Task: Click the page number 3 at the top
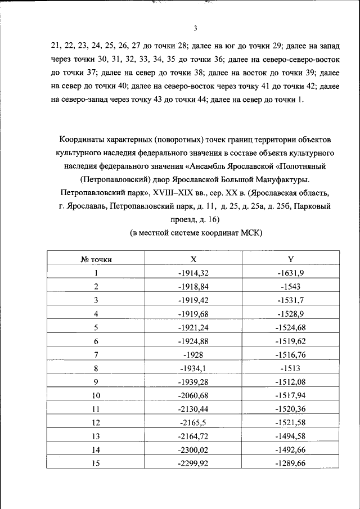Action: pyautogui.click(x=194, y=29)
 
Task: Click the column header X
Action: pyautogui.click(x=193, y=259)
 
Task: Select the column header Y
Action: pyautogui.click(x=291, y=259)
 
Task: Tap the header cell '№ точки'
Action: pyautogui.click(x=96, y=259)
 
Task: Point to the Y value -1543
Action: pyautogui.click(x=291, y=286)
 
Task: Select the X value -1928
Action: pyautogui.click(x=193, y=354)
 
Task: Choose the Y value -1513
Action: pyautogui.click(x=291, y=368)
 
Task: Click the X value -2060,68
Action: pyautogui.click(x=193, y=395)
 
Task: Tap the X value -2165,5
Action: pyautogui.click(x=193, y=422)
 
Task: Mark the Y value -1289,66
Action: pyautogui.click(x=291, y=463)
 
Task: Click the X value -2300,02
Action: pyautogui.click(x=193, y=450)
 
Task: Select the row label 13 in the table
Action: pyautogui.click(x=96, y=436)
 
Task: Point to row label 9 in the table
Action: pyautogui.click(x=96, y=382)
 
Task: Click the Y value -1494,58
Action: pyautogui.click(x=291, y=436)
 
